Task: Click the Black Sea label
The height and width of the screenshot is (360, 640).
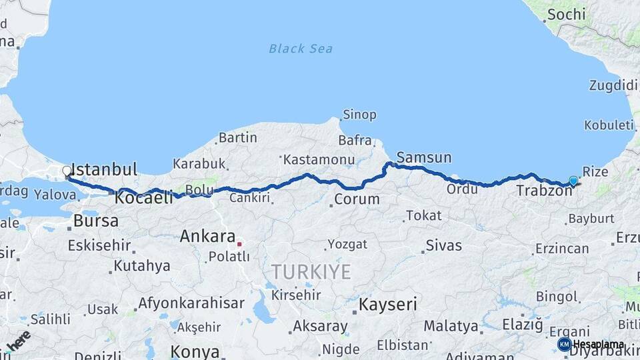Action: [300, 49]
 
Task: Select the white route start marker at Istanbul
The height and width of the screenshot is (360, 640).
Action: [67, 172]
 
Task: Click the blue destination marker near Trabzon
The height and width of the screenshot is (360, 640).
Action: [573, 181]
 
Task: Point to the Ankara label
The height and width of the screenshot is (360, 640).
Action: [207, 237]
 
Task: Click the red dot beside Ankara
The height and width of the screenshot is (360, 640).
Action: [239, 244]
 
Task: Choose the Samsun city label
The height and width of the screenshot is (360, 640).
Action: [423, 158]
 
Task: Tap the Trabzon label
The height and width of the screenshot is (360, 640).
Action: [544, 191]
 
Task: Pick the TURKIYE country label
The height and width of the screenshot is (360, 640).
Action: [310, 271]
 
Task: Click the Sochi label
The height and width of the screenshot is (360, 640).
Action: [566, 14]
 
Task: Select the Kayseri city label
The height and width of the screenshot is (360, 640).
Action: [388, 305]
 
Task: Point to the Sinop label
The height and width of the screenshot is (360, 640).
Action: [359, 115]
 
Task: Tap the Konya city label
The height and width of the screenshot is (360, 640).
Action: [195, 351]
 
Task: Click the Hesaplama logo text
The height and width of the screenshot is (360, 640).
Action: [598, 344]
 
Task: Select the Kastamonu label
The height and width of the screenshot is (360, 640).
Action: [318, 160]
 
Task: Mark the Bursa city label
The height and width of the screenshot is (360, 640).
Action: [96, 221]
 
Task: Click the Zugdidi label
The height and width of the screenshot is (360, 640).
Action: [613, 85]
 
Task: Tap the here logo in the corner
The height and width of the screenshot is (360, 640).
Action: [18, 340]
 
